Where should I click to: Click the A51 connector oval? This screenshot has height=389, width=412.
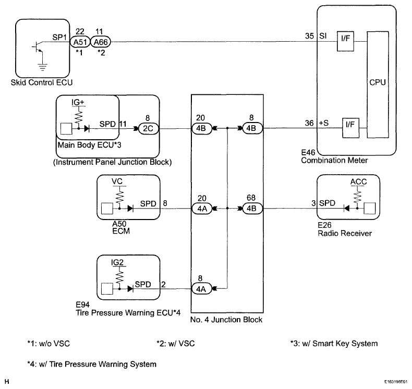(x=80, y=42)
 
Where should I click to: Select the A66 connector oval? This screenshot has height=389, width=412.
(x=101, y=42)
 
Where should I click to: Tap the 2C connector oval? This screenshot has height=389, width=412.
(x=148, y=129)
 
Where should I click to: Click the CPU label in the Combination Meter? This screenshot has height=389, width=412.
(x=378, y=82)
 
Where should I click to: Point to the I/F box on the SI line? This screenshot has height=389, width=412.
(x=346, y=41)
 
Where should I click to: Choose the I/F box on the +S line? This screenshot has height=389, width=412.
(x=350, y=128)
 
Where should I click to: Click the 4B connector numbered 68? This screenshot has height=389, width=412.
(x=252, y=209)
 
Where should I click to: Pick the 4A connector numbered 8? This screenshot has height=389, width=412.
(x=201, y=289)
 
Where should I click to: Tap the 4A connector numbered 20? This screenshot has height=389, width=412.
(x=202, y=209)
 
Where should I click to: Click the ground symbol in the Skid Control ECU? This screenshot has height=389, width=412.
(x=42, y=67)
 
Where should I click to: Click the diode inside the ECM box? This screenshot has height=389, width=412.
(x=130, y=209)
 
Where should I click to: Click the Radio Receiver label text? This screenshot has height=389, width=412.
(x=345, y=233)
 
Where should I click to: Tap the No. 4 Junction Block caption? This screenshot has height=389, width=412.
(x=226, y=320)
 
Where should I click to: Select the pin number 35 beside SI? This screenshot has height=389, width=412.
(x=310, y=36)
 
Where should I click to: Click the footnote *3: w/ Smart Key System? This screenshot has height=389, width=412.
(x=334, y=344)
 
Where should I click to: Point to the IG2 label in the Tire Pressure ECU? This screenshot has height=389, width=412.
(x=117, y=262)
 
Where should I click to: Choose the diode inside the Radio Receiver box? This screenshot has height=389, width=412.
(x=347, y=208)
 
